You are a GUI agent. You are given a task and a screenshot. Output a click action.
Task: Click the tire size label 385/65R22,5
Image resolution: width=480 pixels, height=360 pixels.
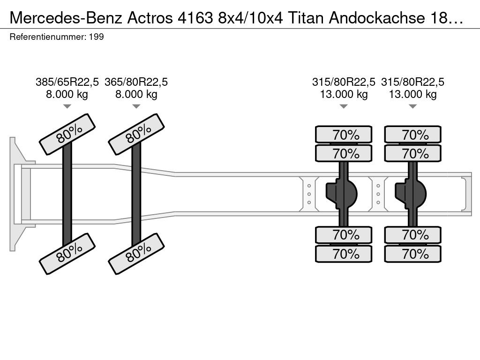67,82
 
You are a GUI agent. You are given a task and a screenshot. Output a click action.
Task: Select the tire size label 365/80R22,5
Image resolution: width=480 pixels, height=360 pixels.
136,82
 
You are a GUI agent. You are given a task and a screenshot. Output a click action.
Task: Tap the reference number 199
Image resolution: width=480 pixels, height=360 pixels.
97,37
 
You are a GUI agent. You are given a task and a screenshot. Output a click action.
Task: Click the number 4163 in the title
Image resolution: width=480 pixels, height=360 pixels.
195,18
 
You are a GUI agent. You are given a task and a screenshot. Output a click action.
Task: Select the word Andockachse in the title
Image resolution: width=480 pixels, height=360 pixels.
377,18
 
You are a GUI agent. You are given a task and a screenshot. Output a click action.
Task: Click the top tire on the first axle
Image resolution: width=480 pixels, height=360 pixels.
67,134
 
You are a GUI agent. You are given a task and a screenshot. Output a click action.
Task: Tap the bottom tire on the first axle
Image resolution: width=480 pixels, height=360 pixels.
67,254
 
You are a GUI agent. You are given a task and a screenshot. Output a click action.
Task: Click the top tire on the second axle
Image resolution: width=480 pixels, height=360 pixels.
136,134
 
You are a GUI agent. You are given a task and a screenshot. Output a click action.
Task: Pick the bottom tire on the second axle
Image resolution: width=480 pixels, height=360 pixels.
136,254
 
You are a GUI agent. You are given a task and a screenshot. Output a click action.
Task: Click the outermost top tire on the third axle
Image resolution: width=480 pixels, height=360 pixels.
344,135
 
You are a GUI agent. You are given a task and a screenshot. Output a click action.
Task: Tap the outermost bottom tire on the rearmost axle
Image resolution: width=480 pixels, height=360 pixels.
413,254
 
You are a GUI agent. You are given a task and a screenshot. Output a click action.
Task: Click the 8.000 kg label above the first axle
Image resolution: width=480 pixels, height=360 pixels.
67,94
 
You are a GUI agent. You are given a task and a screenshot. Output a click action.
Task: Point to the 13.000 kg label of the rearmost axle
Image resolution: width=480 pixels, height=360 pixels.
412,94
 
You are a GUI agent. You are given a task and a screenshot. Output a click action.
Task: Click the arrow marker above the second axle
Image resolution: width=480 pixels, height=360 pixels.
136,106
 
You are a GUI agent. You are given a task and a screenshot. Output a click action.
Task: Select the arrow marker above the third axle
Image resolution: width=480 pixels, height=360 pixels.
344,106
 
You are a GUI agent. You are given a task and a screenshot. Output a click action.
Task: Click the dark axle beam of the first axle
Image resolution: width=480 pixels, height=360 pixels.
67,194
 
